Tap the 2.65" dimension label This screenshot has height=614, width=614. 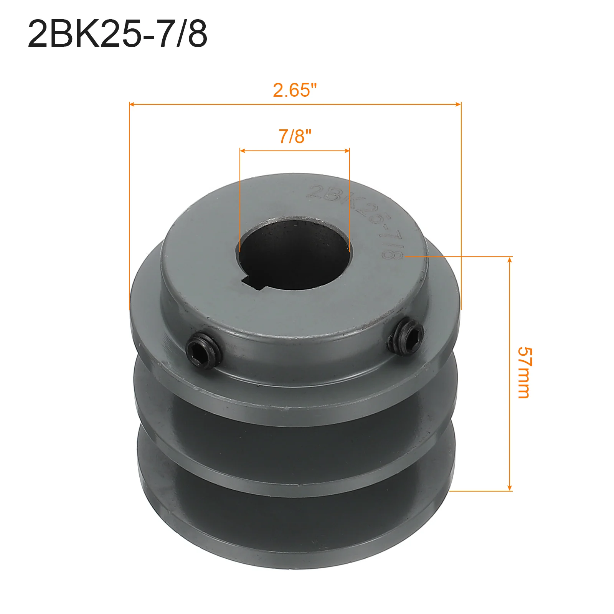[x=295, y=90]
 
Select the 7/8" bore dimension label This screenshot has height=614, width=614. [x=295, y=136]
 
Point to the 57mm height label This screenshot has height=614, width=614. [x=524, y=373]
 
